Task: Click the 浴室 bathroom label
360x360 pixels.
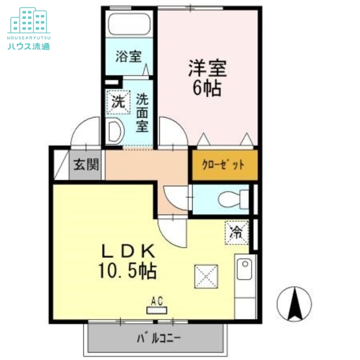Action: pyautogui.click(x=128, y=57)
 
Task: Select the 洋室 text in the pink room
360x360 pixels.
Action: pyautogui.click(x=207, y=69)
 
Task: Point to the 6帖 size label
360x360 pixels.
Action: pyautogui.click(x=207, y=89)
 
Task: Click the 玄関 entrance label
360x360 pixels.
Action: pyautogui.click(x=86, y=165)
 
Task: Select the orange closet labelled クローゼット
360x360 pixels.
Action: pyautogui.click(x=224, y=165)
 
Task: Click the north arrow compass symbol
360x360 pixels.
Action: pyautogui.click(x=295, y=304)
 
